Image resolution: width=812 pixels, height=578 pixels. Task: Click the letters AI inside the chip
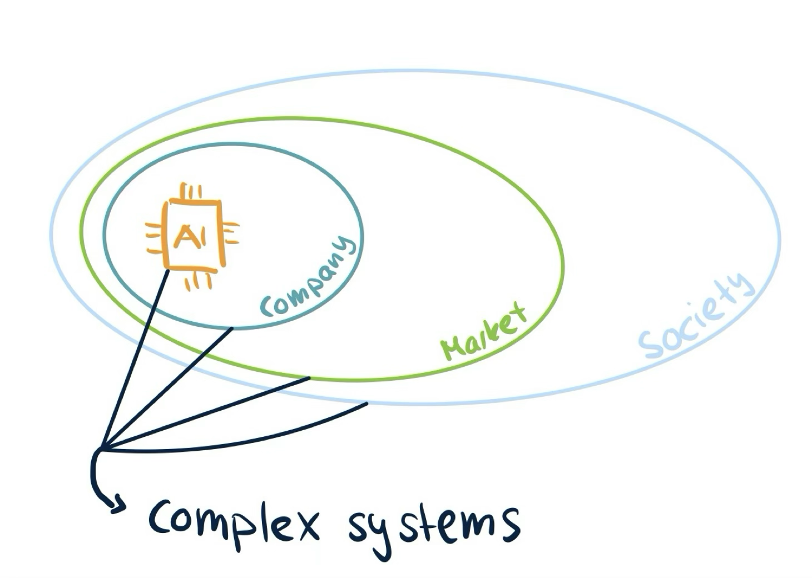click(191, 237)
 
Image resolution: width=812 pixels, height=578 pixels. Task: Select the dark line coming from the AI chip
click(136, 356)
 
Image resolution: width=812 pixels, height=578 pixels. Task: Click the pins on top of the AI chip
click(191, 192)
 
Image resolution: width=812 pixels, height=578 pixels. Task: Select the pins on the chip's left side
click(152, 238)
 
